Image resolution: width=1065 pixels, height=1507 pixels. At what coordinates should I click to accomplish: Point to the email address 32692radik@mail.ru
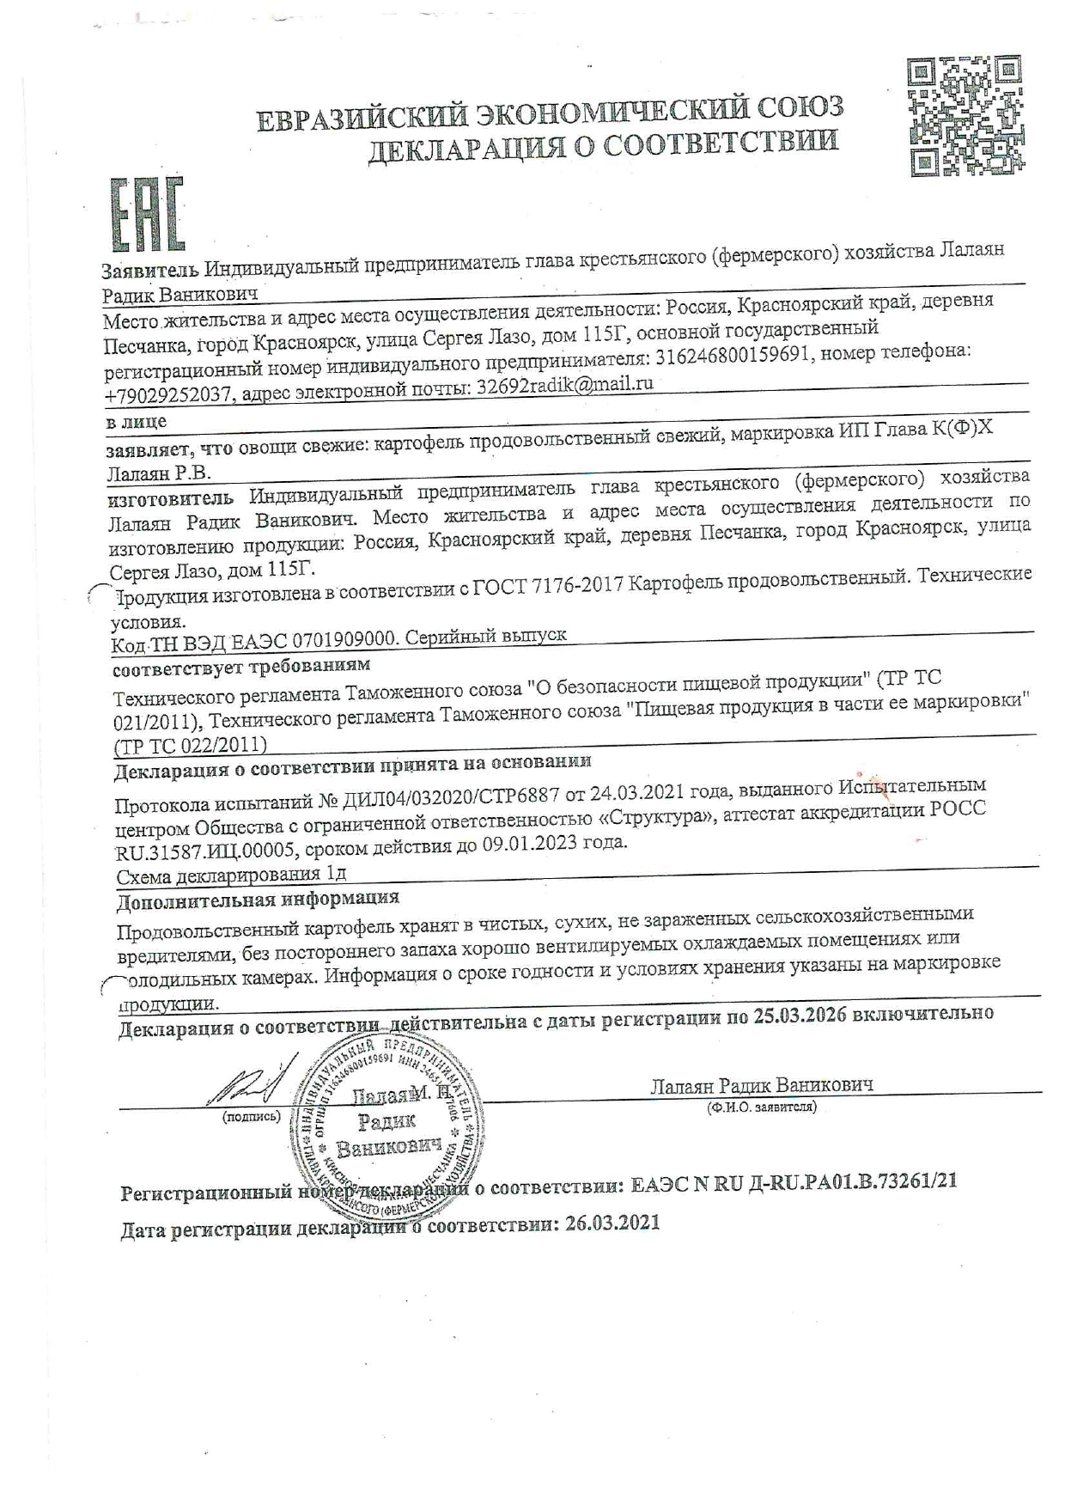(564, 386)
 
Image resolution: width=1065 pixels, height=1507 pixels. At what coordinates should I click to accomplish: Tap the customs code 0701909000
(344, 640)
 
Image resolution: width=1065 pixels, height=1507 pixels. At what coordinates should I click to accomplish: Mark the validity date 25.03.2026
(800, 1015)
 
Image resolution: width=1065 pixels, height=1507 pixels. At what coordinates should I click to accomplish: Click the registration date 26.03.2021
(612, 1223)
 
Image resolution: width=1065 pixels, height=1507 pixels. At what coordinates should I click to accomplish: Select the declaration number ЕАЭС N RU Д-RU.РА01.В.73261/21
(794, 1182)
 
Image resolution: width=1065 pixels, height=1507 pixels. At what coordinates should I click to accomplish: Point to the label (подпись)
(251, 1117)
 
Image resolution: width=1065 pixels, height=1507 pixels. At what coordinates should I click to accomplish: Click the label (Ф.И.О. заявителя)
(761, 1107)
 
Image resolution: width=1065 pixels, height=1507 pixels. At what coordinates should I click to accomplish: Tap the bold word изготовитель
(170, 499)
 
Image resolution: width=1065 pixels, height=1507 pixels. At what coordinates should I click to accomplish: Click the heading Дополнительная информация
(258, 900)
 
